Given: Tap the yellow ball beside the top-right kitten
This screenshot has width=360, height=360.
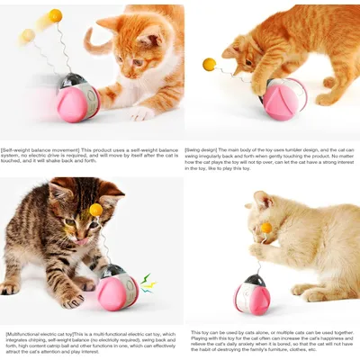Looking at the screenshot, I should [209, 64].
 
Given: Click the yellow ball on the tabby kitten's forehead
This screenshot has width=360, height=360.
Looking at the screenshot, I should [95, 210].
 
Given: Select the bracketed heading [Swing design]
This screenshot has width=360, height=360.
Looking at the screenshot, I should [203, 149].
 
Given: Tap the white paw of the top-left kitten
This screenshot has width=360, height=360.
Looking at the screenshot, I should [140, 113].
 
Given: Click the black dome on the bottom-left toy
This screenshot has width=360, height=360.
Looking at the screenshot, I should [112, 271].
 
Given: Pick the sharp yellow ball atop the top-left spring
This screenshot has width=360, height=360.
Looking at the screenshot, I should [56, 15].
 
